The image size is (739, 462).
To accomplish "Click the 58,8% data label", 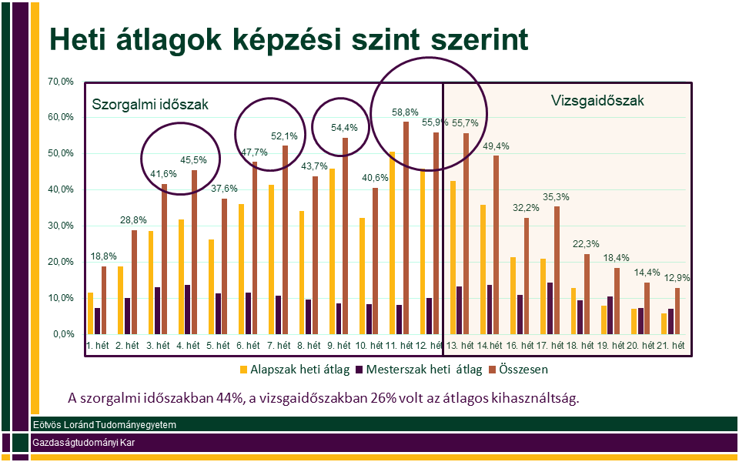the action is click(x=405, y=112).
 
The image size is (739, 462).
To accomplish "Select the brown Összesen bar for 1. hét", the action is click(x=104, y=300).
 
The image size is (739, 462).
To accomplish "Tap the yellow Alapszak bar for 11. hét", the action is click(x=391, y=243).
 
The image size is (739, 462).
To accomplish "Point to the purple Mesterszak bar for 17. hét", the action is click(x=550, y=308).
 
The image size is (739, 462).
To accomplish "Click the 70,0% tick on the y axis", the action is click(x=61, y=82).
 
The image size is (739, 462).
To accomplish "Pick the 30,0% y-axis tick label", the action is click(x=61, y=226).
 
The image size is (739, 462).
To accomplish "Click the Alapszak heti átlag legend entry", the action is click(x=295, y=369).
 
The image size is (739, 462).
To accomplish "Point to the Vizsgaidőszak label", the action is click(x=597, y=100).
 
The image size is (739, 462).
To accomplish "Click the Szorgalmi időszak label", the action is click(x=150, y=104).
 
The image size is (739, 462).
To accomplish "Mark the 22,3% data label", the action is click(x=587, y=244).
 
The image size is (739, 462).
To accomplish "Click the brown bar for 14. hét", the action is click(x=496, y=245).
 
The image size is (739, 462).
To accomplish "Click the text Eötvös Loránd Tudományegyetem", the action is click(x=105, y=425).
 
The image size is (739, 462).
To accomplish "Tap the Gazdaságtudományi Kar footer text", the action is click(x=85, y=443).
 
